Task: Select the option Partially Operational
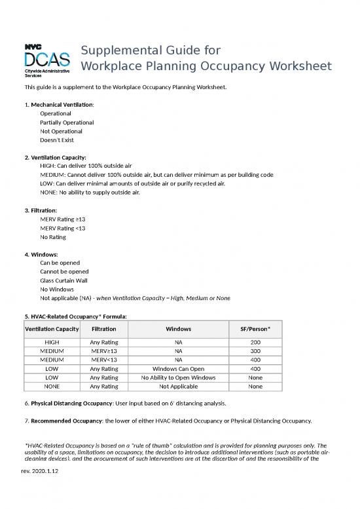[66, 122]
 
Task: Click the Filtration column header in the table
[103, 328]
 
